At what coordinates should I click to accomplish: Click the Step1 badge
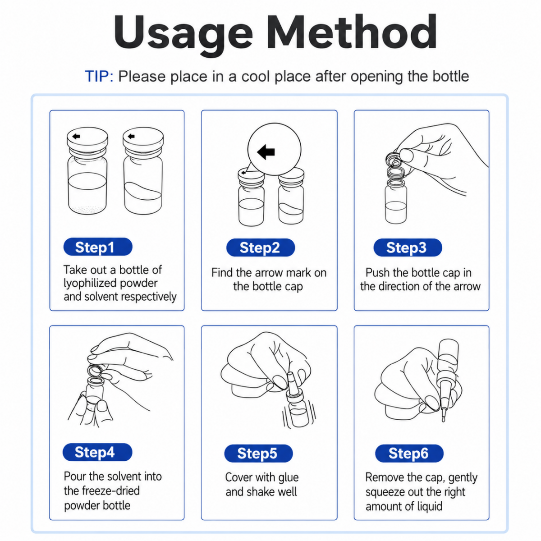(98, 247)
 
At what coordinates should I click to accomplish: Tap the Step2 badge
(260, 248)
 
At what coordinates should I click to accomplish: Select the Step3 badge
(408, 248)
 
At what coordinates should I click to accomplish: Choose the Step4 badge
(97, 452)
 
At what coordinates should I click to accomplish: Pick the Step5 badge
(258, 453)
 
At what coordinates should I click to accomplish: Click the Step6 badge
(409, 453)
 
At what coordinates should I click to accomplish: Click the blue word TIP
(99, 76)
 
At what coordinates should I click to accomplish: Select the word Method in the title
(352, 32)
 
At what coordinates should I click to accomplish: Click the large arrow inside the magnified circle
(266, 151)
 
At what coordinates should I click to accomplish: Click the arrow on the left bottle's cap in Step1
(76, 137)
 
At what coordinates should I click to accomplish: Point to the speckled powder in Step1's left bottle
(87, 209)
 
